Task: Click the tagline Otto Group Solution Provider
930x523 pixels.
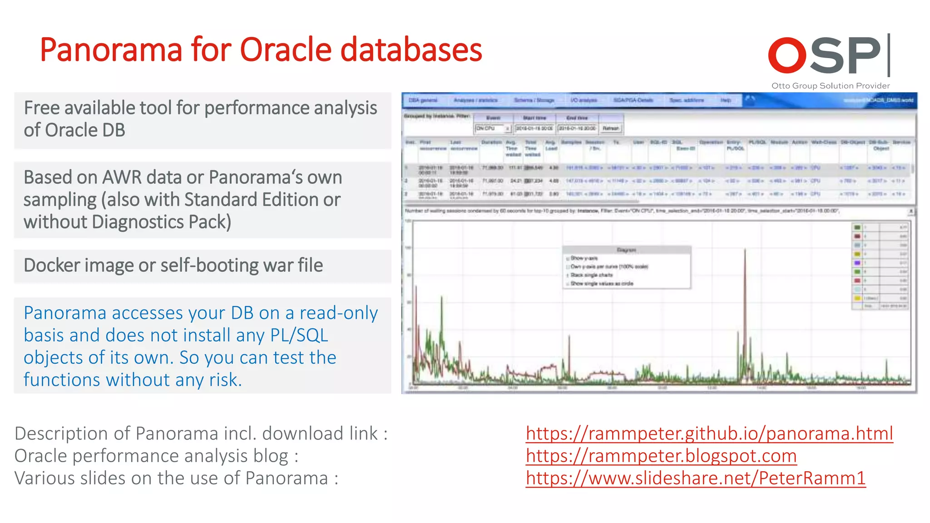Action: (x=830, y=86)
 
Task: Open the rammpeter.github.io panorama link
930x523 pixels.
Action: (x=709, y=434)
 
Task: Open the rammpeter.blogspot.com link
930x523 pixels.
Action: (x=661, y=456)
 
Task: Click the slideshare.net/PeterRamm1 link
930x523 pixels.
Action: (x=696, y=478)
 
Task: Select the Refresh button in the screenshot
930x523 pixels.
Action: (x=611, y=128)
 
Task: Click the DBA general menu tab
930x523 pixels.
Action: (x=423, y=100)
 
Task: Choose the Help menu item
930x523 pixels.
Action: (x=726, y=100)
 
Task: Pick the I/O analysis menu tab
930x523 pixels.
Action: (x=584, y=100)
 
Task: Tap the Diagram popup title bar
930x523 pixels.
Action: (x=627, y=250)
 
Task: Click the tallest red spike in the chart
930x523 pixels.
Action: (x=745, y=251)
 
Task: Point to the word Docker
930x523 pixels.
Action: (x=52, y=266)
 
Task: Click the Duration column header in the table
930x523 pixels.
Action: (x=491, y=143)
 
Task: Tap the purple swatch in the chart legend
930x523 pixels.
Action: (x=857, y=263)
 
